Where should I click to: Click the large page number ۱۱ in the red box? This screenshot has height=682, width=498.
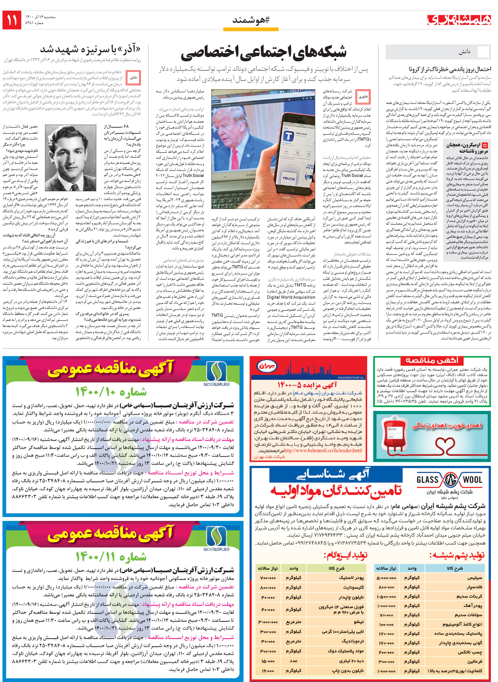coord(12,20)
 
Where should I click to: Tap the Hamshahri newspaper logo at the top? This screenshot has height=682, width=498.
coord(459,20)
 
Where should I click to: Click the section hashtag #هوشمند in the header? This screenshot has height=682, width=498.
coord(251,20)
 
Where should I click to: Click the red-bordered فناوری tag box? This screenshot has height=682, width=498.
coord(363,97)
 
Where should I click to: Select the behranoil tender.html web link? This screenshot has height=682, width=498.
coord(323,451)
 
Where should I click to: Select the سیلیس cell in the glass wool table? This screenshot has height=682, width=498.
coord(474,578)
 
